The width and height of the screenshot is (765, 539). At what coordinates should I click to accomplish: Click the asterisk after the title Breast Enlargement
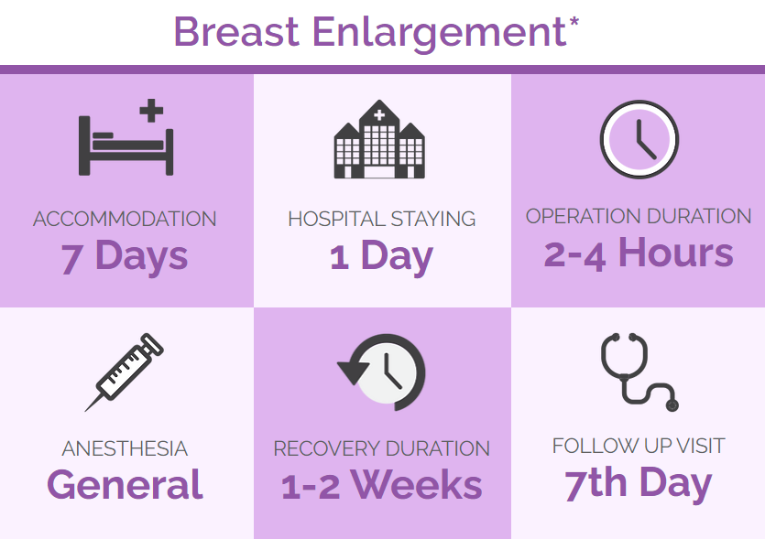tap(574, 22)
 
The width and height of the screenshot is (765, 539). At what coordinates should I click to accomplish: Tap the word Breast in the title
tap(236, 32)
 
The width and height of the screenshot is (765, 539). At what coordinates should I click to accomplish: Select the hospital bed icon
tap(126, 137)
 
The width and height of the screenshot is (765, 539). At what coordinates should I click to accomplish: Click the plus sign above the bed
tap(151, 110)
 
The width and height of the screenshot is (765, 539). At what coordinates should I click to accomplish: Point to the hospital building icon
tap(379, 139)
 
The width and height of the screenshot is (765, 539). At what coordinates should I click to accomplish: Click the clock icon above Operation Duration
tap(639, 139)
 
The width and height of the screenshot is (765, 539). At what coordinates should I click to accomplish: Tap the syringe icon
tap(125, 372)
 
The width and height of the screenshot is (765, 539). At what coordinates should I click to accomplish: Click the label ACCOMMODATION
tap(125, 219)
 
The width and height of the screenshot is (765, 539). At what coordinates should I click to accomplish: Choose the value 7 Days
tap(125, 256)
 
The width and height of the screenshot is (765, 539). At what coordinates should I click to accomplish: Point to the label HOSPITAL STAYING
tap(381, 219)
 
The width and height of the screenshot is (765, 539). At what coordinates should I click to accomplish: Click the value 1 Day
tap(381, 256)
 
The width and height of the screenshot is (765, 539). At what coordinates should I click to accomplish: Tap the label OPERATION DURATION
tap(639, 216)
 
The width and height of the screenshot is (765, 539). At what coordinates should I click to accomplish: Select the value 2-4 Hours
tap(639, 253)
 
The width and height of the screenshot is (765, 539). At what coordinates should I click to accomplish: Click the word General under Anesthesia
tap(125, 484)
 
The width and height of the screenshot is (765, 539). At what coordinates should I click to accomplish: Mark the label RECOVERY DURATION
tap(381, 448)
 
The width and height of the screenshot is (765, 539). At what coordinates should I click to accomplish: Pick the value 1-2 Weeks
tap(381, 485)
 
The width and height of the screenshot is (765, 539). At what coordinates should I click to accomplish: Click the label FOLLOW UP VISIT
tap(639, 446)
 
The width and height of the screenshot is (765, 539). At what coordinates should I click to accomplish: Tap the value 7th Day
tap(639, 483)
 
